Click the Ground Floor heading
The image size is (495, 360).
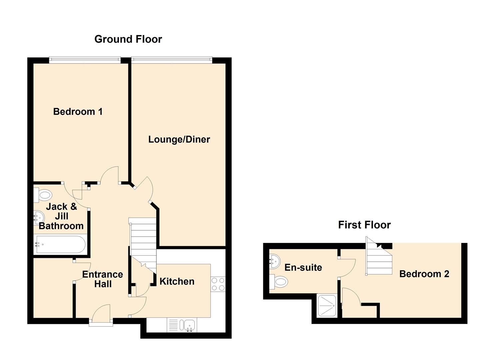point(128,39)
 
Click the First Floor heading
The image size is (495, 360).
point(364,225)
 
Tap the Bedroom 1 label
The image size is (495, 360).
point(78,112)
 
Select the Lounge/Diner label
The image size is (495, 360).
point(179,139)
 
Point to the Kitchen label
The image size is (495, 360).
point(177,281)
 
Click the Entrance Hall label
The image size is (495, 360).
point(103,279)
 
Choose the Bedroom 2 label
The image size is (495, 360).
point(424,274)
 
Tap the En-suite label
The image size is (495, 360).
point(303,267)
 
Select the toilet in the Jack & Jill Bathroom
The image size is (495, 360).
point(43,195)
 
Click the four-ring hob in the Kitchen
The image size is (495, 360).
point(218,284)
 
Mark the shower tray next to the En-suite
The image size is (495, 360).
point(326,306)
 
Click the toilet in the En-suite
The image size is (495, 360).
point(279,282)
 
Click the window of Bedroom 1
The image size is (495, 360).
point(85,60)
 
